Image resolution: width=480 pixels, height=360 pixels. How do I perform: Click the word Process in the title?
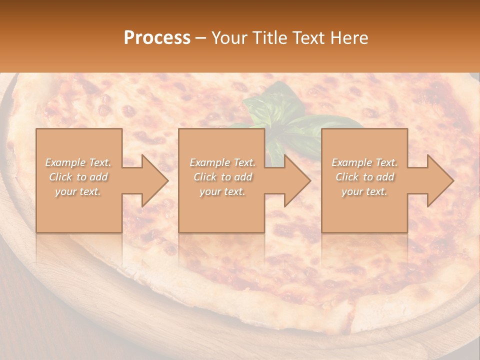(x=157, y=38)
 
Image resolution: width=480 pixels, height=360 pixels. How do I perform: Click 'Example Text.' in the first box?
(x=78, y=162)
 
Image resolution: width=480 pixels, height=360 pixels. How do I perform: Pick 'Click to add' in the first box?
(x=78, y=177)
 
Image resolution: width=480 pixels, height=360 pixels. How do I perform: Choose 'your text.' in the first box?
(x=78, y=191)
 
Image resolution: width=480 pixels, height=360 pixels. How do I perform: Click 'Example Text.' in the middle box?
(x=222, y=162)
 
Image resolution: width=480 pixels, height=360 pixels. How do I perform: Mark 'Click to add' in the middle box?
(x=222, y=177)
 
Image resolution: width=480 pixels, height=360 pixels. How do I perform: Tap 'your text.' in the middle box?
(x=222, y=191)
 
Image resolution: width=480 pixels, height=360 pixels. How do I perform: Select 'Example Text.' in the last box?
(x=364, y=162)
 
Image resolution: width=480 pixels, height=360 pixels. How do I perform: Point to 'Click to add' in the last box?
(x=364, y=177)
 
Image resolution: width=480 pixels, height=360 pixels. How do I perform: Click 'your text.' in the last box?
(x=364, y=191)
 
